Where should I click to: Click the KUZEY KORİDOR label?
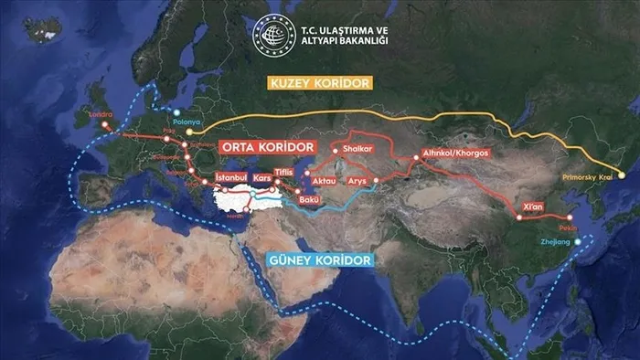[x=318, y=83]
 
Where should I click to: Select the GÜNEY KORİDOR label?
[x=320, y=260]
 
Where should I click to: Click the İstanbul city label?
[x=231, y=176]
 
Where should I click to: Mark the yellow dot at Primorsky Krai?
[x=622, y=175]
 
